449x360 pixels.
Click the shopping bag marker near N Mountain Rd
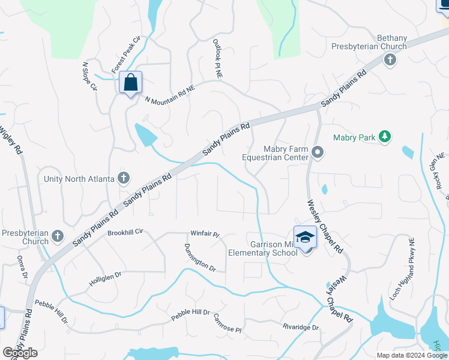(130, 83)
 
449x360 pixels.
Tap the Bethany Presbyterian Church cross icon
(390, 60)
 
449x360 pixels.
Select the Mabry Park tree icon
(385, 137)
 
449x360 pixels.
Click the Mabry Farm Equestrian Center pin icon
(318, 154)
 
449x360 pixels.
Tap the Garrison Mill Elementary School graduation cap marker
(305, 237)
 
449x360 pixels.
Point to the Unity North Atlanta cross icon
(124, 178)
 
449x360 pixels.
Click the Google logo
(20, 353)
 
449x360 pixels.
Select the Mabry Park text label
(354, 138)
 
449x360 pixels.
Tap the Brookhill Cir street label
(126, 232)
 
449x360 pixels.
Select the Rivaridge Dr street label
(300, 328)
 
